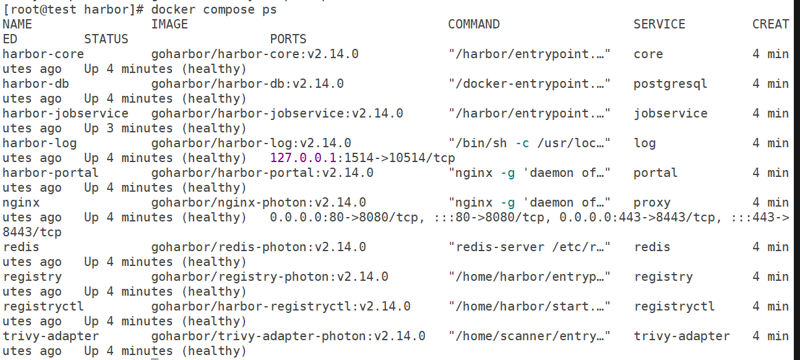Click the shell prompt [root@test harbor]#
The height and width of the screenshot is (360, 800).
(x=73, y=10)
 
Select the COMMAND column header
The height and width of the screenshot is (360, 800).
(x=473, y=24)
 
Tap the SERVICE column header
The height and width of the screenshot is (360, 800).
(x=660, y=24)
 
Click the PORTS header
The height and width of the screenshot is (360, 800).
(x=288, y=39)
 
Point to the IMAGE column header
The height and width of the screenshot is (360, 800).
(x=170, y=24)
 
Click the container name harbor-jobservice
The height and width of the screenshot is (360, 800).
(x=66, y=114)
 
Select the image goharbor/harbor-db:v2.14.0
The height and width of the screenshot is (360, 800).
(x=247, y=84)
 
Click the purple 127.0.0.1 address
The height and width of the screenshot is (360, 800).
(x=303, y=158)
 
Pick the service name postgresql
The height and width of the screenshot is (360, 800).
(x=670, y=84)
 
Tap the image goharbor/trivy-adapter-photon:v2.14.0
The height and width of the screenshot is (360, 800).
(x=288, y=336)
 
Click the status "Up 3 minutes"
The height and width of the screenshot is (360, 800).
(x=128, y=128)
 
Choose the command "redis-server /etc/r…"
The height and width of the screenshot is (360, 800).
(x=529, y=247)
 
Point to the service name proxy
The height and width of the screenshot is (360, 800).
(x=652, y=203)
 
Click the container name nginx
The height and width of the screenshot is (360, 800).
(x=21, y=203)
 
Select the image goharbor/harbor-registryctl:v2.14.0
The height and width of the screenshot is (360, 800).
(x=281, y=306)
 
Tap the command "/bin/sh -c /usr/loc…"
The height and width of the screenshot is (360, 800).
(x=529, y=144)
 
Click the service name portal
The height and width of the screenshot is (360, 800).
(x=655, y=173)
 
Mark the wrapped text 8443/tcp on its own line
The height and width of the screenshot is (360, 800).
(x=32, y=233)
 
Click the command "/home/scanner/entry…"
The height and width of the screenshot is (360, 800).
(x=529, y=336)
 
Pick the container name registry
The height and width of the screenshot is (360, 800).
(x=32, y=277)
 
